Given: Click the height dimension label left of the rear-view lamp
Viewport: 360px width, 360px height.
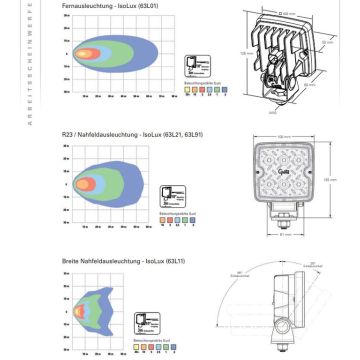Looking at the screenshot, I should pos(243,51).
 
